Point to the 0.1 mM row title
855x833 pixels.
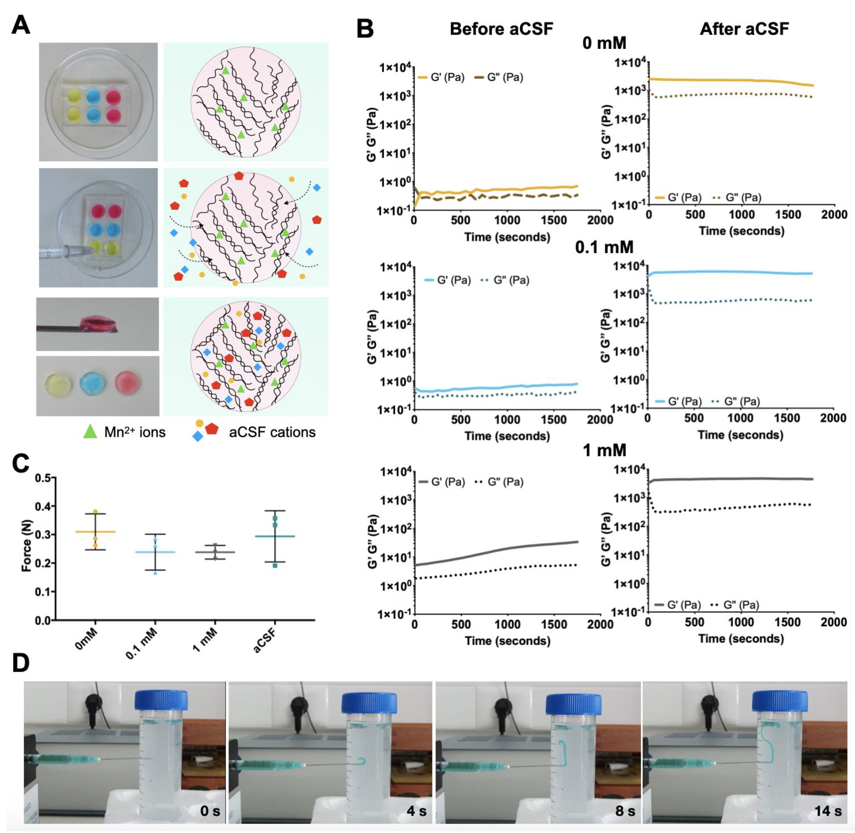604,247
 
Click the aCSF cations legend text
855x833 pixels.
272,432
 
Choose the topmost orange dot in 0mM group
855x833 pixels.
95,512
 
